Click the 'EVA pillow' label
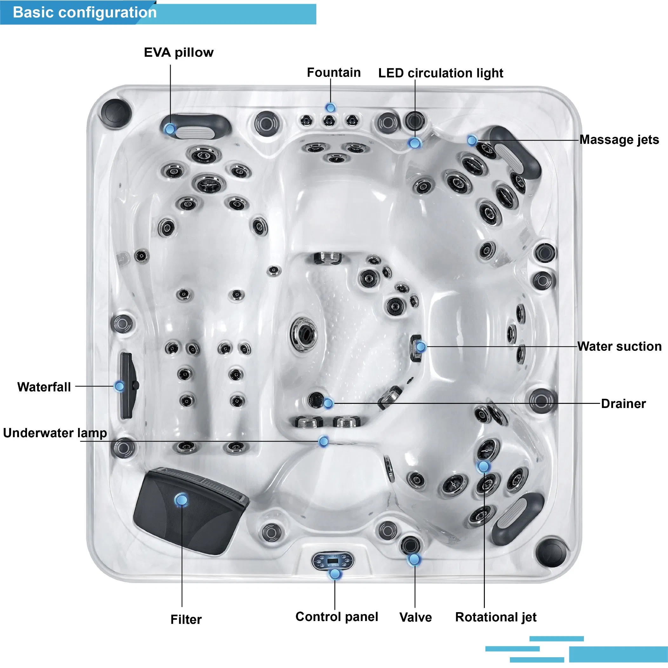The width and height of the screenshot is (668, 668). tap(178, 53)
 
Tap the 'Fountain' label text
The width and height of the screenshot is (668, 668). tap(334, 73)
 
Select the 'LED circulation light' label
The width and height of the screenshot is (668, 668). tap(440, 73)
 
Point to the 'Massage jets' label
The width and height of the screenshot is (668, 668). tap(619, 140)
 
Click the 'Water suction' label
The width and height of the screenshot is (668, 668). tap(619, 346)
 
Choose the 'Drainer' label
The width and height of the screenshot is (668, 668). tap(623, 404)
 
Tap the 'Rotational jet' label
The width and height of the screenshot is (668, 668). tap(496, 617)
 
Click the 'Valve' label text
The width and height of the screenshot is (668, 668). tap(415, 617)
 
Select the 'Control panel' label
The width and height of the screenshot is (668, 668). tap(337, 617)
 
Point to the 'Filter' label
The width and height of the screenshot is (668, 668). tap(186, 619)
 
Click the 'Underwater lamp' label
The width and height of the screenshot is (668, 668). tap(55, 433)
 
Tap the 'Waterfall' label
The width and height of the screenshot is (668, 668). tap(44, 387)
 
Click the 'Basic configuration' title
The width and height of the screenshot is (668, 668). tap(85, 12)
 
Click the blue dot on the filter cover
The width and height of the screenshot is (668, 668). tap(181, 500)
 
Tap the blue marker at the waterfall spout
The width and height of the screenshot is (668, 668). tap(120, 386)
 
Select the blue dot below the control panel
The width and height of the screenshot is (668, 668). tap(335, 574)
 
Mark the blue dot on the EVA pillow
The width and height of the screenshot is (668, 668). tap(170, 129)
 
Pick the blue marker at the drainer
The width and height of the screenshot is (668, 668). tap(328, 403)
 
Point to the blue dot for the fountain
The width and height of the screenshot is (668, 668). tap(331, 108)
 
